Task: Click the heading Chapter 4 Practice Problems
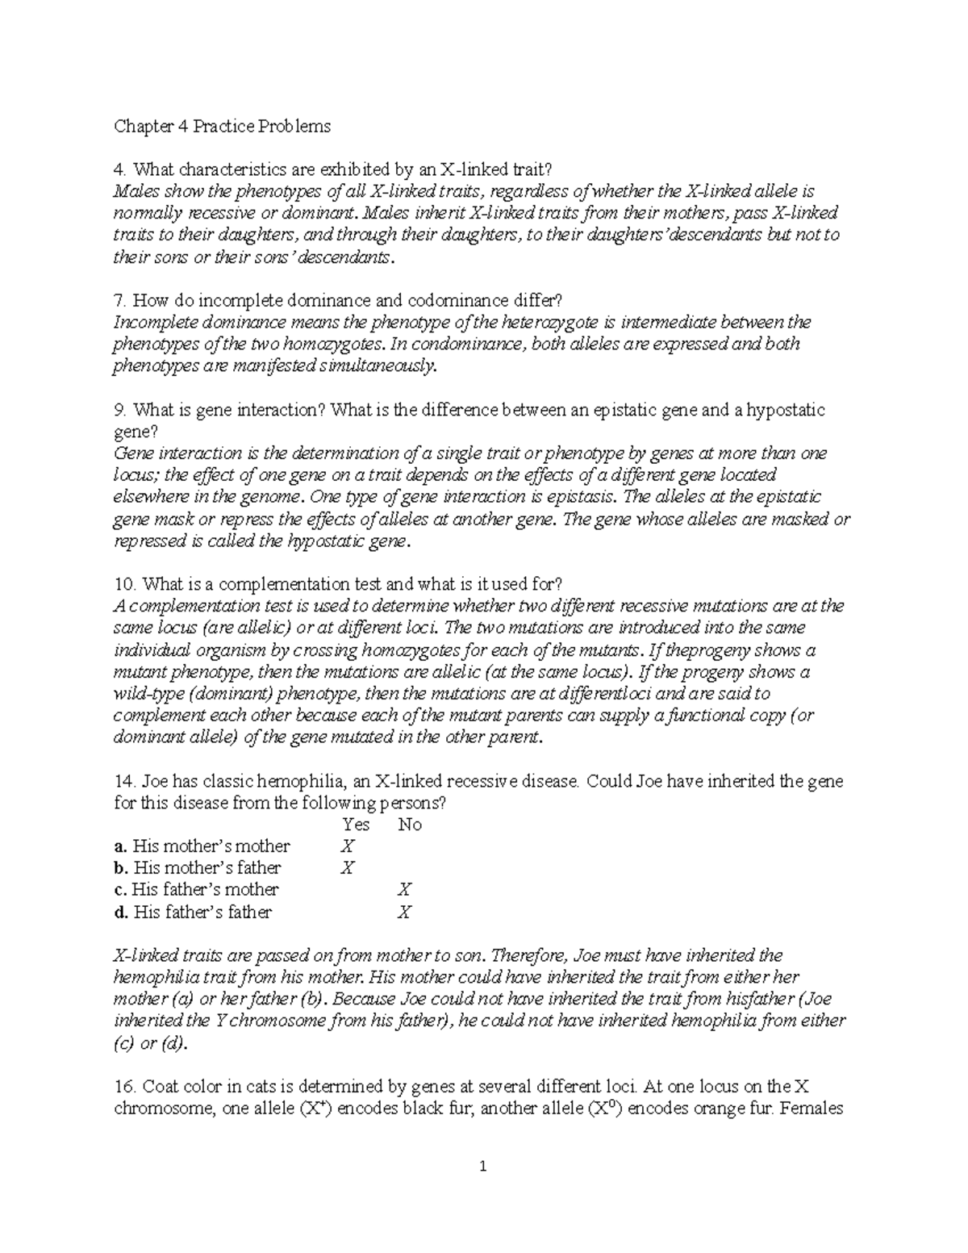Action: [x=223, y=127]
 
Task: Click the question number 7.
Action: [x=119, y=301]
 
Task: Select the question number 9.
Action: [x=119, y=410]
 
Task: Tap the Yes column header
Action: [x=356, y=825]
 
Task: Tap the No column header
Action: [x=410, y=825]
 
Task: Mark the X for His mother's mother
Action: [x=348, y=846]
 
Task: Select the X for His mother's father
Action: [x=348, y=868]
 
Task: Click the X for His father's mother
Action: [x=405, y=890]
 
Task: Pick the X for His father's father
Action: [x=405, y=913]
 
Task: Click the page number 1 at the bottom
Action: [x=484, y=1166]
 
